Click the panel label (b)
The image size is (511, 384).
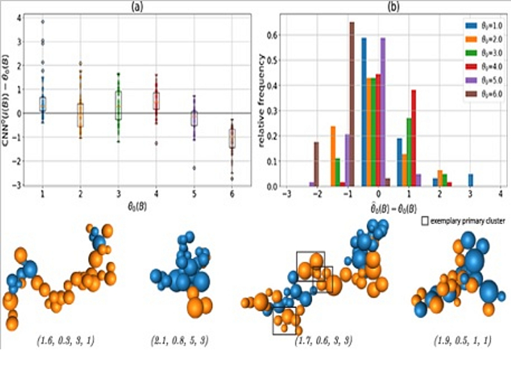click(x=392, y=5)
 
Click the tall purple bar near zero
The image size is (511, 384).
click(x=383, y=112)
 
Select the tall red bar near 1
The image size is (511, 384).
click(x=414, y=138)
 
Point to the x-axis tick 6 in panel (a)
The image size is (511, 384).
click(x=232, y=193)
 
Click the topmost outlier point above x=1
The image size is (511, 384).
click(x=43, y=22)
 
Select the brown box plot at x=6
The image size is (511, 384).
click(x=232, y=138)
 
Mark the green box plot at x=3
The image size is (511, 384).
click(x=119, y=105)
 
